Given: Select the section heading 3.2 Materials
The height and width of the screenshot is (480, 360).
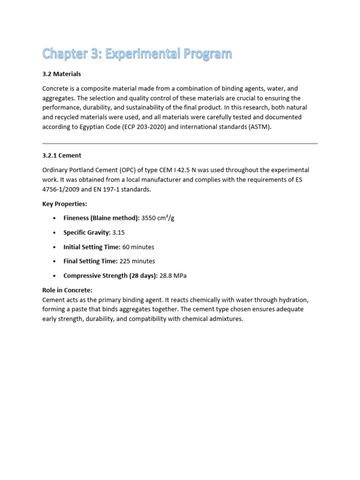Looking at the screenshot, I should (61, 74).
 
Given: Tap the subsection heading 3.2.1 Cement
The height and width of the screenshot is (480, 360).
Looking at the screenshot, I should (61, 155).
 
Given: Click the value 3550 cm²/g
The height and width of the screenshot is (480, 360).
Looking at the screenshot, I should (157, 218).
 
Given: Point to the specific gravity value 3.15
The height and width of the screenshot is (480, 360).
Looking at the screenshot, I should (119, 232).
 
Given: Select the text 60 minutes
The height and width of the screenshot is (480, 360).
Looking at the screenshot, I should (138, 247).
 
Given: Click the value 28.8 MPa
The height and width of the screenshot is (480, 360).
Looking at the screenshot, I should (173, 276).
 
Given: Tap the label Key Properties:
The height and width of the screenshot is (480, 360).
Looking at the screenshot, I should (65, 204).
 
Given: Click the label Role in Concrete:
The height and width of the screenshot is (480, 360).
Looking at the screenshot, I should (67, 290).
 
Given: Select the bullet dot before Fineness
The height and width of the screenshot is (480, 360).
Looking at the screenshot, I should (55, 219).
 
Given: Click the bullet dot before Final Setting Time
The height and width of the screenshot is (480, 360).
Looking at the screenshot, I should (55, 262).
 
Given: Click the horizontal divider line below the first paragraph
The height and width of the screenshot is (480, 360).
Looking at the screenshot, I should (180, 143).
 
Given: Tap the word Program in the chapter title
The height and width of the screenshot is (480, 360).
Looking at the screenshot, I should (208, 54).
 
